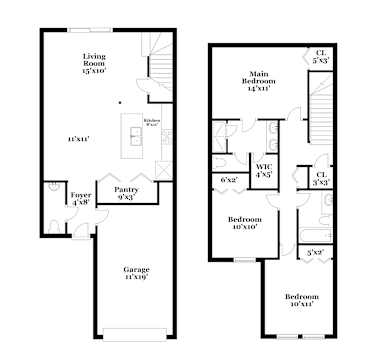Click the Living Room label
(95, 63)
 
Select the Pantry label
(126, 192)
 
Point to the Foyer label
(81, 199)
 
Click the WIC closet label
(264, 170)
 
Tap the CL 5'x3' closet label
(320, 57)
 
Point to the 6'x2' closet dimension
(229, 180)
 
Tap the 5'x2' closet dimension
(316, 252)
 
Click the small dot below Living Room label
(120, 102)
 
